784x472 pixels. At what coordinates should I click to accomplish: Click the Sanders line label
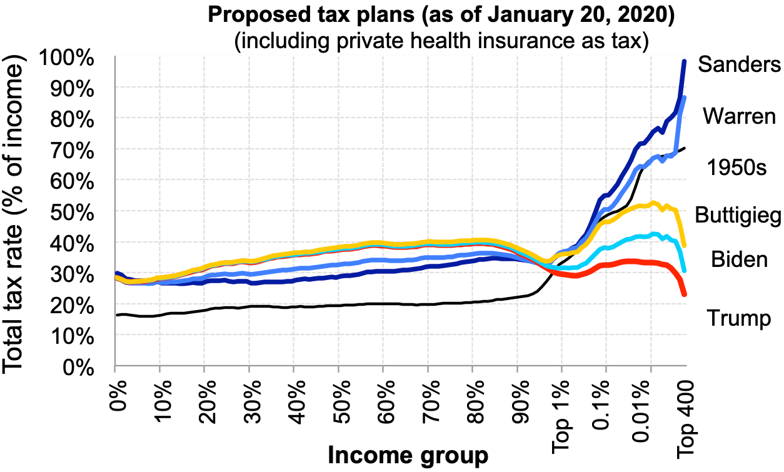tap(740, 64)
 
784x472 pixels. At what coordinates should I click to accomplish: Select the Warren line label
tap(738, 116)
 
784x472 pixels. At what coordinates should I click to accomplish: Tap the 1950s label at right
tap(737, 168)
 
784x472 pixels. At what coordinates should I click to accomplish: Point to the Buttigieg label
tap(738, 215)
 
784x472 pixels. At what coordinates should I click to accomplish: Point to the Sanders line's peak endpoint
tap(685, 61)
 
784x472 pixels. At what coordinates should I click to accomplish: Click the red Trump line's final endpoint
tap(685, 294)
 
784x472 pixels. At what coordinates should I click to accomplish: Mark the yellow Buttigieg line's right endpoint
tap(685, 245)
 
